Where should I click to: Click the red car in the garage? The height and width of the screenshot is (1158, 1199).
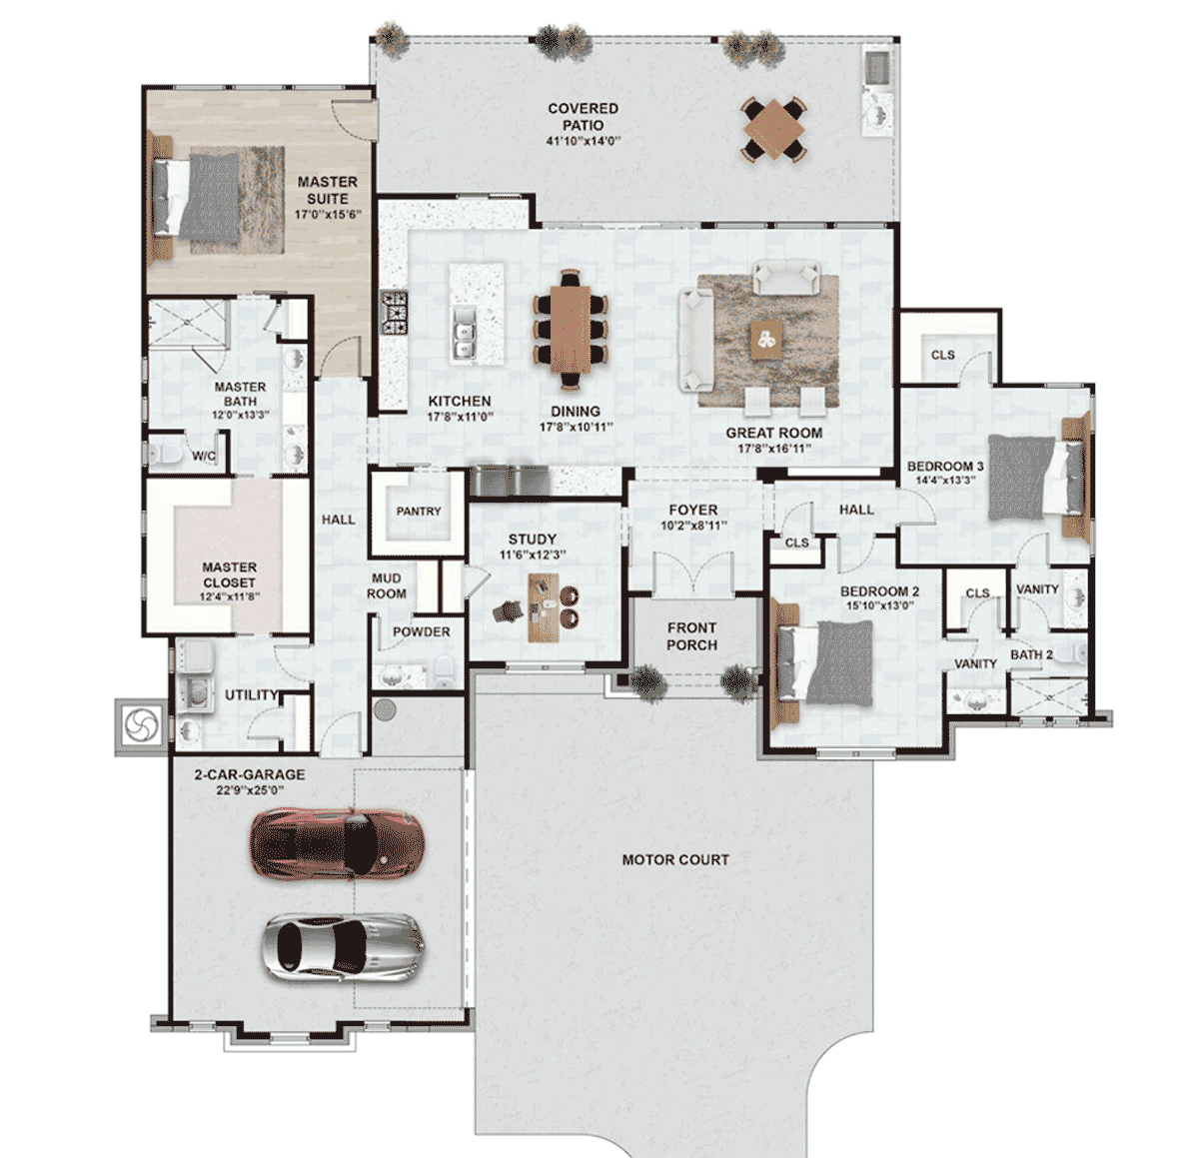click(338, 842)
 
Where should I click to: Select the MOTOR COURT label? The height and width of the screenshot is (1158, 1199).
click(675, 859)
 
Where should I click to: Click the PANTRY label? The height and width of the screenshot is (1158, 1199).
click(419, 511)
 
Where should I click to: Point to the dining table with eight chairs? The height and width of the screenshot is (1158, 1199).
click(571, 329)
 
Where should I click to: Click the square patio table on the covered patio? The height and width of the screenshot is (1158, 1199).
click(774, 129)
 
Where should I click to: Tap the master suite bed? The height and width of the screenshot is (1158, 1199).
click(195, 197)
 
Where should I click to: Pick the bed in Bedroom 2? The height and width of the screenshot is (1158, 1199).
click(823, 662)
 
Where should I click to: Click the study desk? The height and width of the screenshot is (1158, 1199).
click(544, 607)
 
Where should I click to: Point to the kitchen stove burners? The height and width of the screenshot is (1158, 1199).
click(393, 313)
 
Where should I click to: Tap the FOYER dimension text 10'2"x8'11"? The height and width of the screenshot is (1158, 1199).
click(693, 526)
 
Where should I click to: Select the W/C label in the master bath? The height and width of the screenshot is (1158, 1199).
click(204, 456)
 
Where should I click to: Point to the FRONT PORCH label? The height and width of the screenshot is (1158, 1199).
click(691, 636)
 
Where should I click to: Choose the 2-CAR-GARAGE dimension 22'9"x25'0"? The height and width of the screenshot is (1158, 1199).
click(250, 790)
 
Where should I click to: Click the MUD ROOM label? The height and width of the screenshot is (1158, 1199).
click(387, 585)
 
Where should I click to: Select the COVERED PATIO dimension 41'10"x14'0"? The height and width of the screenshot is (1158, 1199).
click(583, 141)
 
